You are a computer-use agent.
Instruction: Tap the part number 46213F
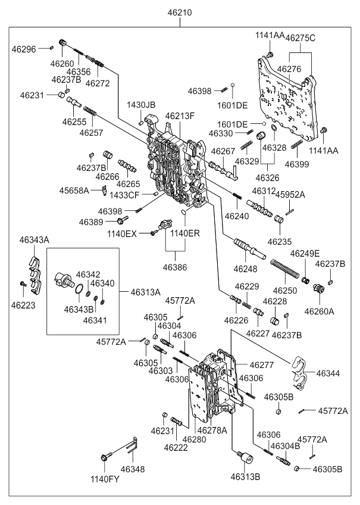[x=180, y=116]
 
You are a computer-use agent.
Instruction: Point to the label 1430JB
[x=140, y=105]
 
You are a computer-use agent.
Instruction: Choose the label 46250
[x=284, y=290]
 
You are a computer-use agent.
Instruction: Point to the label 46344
[x=328, y=373]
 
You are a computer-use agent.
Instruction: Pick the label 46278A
[x=212, y=430]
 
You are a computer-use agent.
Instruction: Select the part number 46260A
[x=321, y=310]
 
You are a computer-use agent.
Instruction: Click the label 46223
[x=23, y=305]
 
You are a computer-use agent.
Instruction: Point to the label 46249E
[x=305, y=254]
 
